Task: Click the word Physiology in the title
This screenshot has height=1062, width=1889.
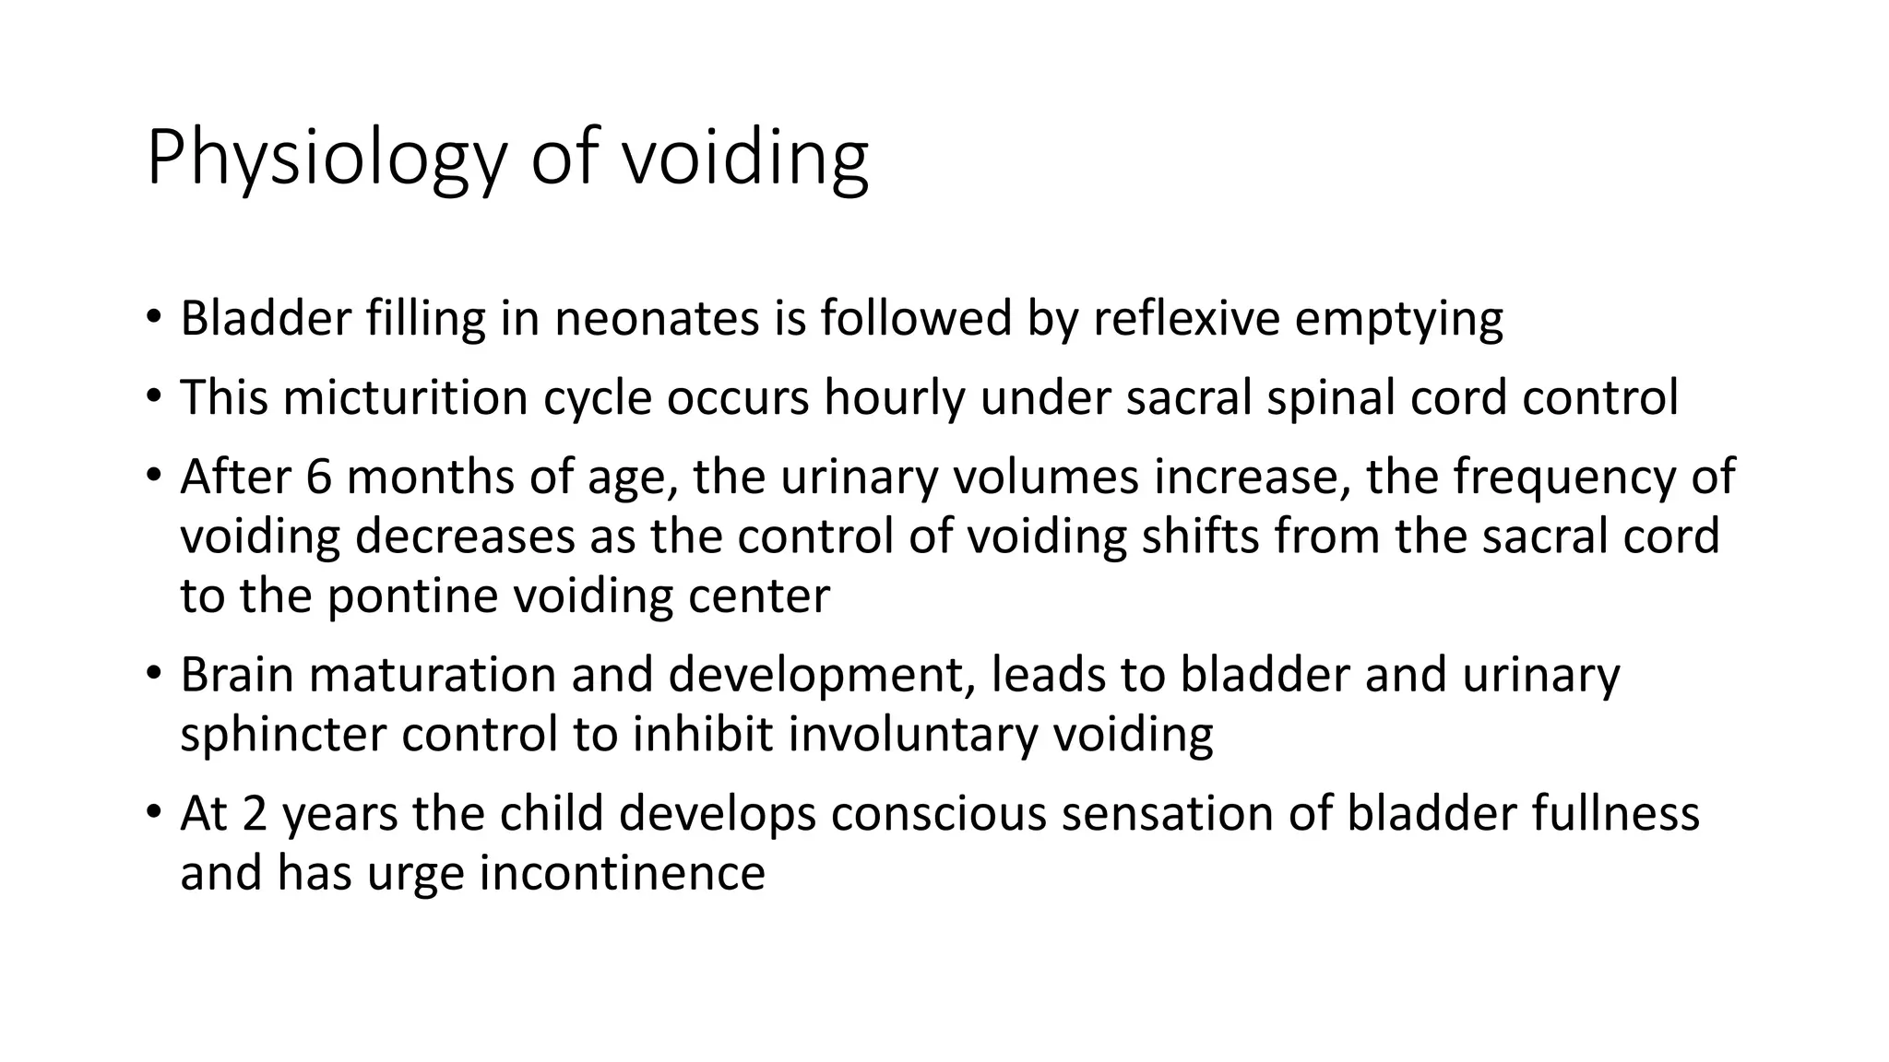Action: click(x=327, y=159)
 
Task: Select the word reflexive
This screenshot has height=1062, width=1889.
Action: click(x=1187, y=319)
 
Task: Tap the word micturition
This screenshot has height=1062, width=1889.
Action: click(x=405, y=398)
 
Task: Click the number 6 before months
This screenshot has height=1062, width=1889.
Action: click(x=317, y=478)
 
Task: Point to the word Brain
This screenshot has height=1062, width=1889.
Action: click(x=237, y=675)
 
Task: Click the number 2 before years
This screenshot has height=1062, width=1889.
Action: click(x=254, y=814)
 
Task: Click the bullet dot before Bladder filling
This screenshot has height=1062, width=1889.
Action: click(x=153, y=319)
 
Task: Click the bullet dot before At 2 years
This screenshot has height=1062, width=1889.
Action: click(x=153, y=814)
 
